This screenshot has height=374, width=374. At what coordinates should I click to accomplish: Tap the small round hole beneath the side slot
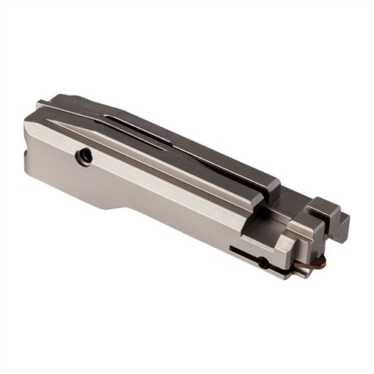pos(262,261)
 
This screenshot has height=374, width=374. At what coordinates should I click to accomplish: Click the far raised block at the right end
pos(326,205)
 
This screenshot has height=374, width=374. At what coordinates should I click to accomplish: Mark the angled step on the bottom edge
pos(121,208)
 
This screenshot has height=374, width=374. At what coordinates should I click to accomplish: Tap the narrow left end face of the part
pos(27,147)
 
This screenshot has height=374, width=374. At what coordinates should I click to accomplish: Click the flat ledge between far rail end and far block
pos(293,194)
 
